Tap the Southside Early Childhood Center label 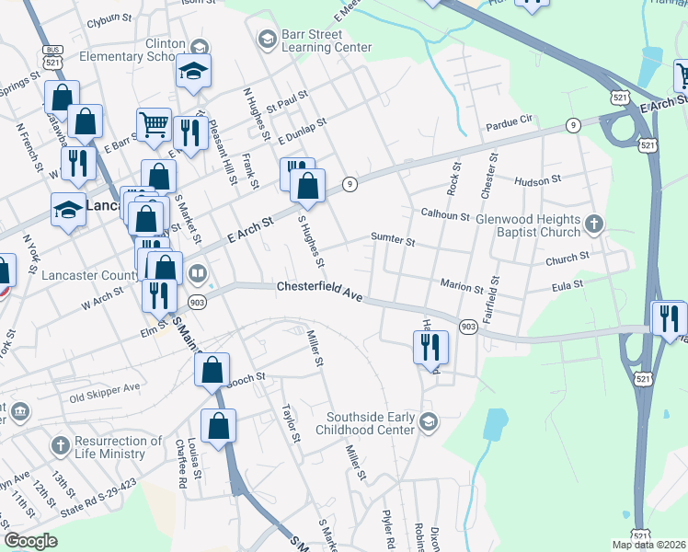coord(364,423)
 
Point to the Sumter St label coord(393,241)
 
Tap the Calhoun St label coord(445,216)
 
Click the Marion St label coord(461,288)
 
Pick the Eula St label coord(566,286)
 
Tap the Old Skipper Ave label coord(105,397)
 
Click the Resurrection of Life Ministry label coord(118,447)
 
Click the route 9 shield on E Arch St coord(350,185)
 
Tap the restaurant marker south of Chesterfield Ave coord(430,348)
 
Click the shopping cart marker coord(154,123)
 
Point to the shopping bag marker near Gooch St coord(212,370)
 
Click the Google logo coord(31,541)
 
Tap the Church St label coord(560,260)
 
